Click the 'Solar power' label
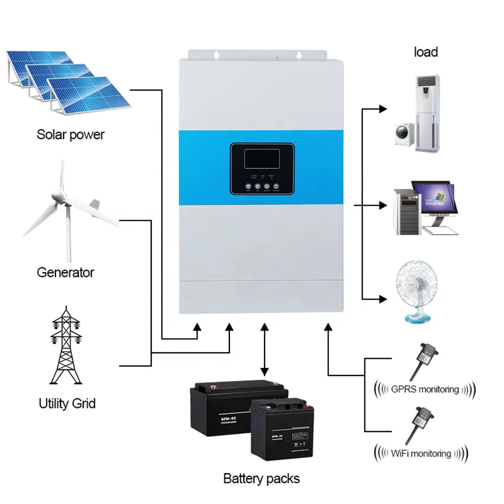(71, 135)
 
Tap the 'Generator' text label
(66, 273)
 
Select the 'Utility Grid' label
(67, 403)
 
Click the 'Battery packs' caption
(261, 478)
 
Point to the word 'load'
(426, 52)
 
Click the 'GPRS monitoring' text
(425, 389)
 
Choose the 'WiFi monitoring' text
(421, 453)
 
